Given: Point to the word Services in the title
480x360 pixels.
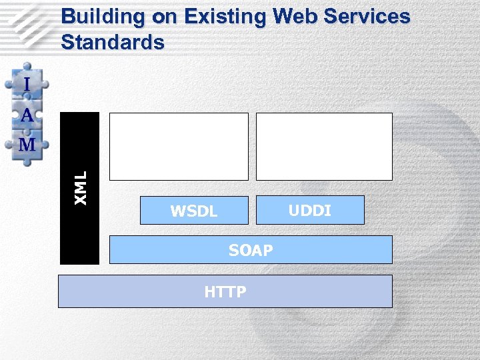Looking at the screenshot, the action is [x=365, y=17].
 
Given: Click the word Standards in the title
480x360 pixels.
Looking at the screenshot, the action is [x=112, y=42].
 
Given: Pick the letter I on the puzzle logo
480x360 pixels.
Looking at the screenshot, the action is [x=27, y=85].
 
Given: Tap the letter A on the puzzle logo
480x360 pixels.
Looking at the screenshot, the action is [x=27, y=115].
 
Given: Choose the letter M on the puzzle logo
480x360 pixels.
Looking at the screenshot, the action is [x=27, y=144].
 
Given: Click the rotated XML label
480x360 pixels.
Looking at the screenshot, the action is [x=81, y=187].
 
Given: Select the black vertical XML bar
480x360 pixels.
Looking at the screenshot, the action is [x=79, y=227].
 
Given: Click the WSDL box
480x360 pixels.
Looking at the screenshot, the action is [x=194, y=209].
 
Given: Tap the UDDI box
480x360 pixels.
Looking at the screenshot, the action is [x=310, y=209].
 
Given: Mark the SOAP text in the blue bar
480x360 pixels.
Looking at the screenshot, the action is [x=251, y=251].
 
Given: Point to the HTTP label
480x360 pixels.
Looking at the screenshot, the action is [x=225, y=292].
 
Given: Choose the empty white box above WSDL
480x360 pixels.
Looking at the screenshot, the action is [x=179, y=146].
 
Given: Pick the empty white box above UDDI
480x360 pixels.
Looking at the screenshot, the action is [x=324, y=146].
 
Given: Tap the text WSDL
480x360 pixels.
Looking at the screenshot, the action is [x=194, y=212].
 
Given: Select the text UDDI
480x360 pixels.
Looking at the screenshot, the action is [x=310, y=211].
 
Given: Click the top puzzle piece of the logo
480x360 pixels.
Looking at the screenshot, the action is [x=27, y=83].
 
